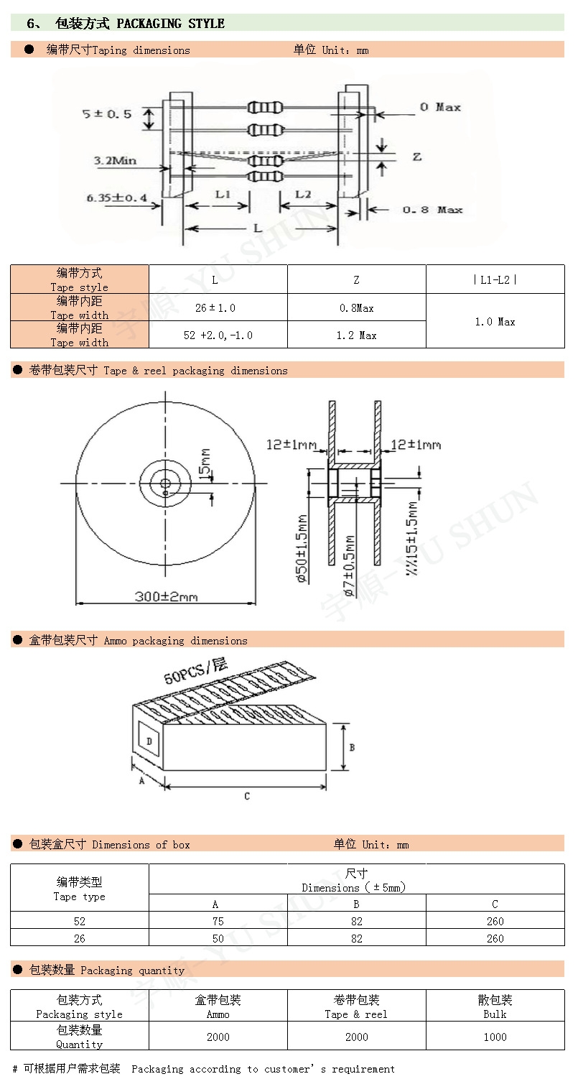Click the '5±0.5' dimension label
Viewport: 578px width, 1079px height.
point(106,114)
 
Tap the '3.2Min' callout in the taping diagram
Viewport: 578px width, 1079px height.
point(115,160)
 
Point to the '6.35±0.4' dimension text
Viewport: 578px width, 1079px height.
point(116,198)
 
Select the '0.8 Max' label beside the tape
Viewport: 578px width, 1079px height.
point(432,210)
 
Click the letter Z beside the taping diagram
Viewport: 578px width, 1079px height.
point(416,157)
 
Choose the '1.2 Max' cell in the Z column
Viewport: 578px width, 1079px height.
point(356,335)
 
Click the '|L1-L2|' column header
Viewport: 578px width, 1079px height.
point(495,280)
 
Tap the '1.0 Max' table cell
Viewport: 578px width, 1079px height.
point(495,322)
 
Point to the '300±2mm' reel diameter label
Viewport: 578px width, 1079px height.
point(166,596)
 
